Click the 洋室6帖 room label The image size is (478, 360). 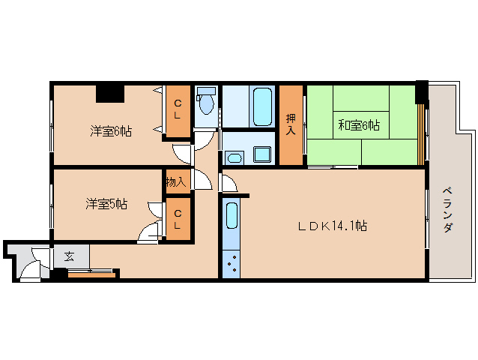coord(112,131)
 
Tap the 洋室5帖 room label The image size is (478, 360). coord(106,203)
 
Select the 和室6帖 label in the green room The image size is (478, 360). coord(358,125)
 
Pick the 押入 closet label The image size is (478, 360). coord(291,125)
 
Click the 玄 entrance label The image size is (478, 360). coord(69,256)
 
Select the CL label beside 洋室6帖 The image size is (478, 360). coord(178,109)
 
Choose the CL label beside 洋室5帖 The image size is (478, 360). coord(178,219)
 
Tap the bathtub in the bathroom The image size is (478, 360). coord(261,106)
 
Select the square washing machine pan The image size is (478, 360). coord(262,154)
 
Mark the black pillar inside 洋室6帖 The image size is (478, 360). coord(109,93)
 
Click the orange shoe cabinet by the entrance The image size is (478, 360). coord(91,274)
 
